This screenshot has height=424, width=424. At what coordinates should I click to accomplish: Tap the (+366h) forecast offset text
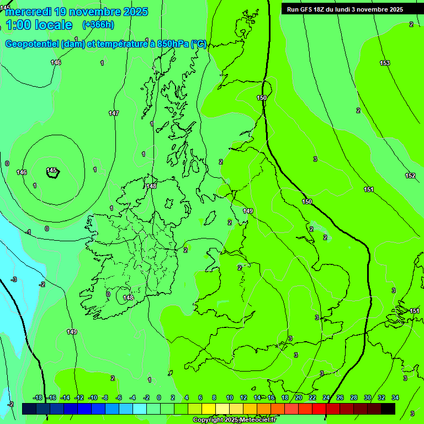tap(98, 24)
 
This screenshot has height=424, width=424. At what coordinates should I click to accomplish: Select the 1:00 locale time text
tap(39, 25)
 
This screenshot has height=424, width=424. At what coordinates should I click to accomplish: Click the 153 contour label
tap(385, 63)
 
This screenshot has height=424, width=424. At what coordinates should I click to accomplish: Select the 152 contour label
tap(410, 176)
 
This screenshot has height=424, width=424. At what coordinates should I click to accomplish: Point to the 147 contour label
tap(114, 113)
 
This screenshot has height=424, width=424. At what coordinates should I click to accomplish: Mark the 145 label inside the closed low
tap(52, 170)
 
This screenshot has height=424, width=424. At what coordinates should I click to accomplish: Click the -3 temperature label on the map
tap(14, 279)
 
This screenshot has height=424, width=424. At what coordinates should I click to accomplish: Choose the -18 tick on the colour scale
tap(38, 397)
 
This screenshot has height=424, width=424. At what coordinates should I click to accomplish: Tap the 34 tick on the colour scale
tap(395, 397)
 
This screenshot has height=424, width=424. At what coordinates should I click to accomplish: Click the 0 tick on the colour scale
tap(158, 397)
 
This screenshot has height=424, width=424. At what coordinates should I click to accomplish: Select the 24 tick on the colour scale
tap(326, 397)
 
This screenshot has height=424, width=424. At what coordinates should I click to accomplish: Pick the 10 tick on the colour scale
tap(230, 397)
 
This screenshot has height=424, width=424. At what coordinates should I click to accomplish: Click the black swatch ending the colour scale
tap(388, 409)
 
